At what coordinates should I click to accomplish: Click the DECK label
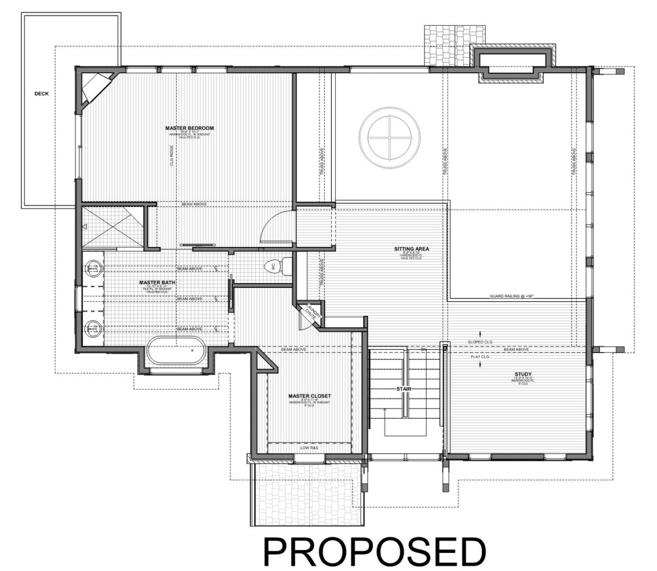42,94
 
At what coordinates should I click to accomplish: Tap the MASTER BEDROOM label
189,128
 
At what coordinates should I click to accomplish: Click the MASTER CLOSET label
310,395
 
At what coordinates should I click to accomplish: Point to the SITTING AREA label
411,249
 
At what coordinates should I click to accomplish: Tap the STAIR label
404,389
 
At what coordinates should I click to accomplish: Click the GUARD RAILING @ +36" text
511,296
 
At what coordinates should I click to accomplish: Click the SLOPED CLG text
480,342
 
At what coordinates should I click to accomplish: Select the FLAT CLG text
480,356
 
